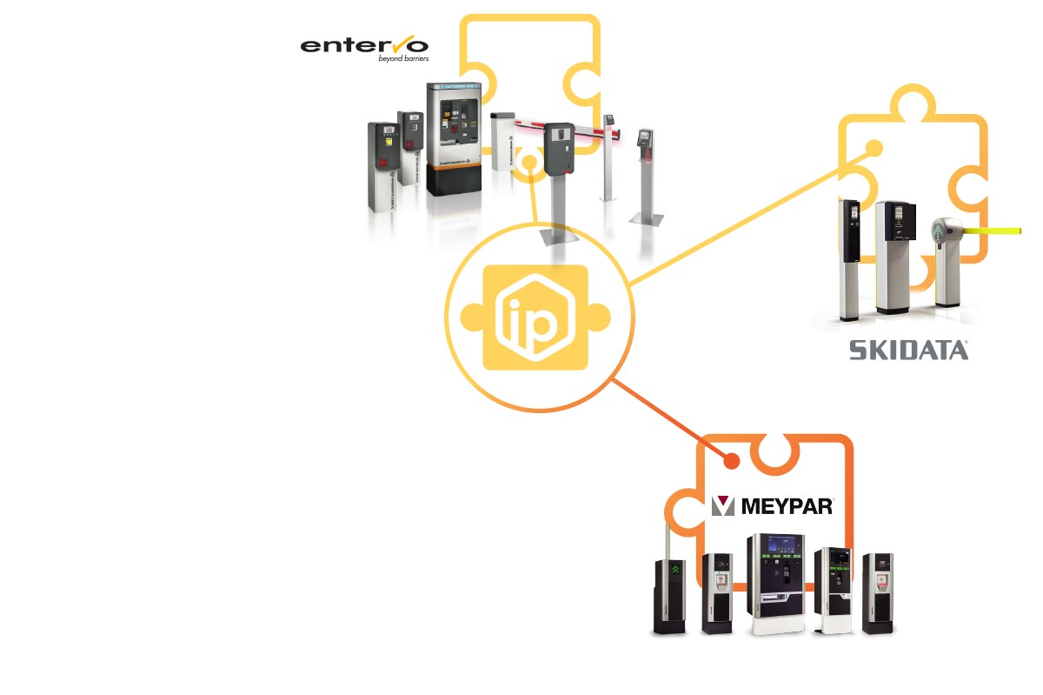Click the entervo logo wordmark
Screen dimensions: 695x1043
tap(364, 44)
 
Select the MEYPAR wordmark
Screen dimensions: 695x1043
tap(787, 505)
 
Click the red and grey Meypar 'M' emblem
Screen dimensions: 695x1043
tap(723, 506)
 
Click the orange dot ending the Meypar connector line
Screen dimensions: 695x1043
tap(732, 461)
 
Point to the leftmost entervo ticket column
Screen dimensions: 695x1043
tap(383, 165)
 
